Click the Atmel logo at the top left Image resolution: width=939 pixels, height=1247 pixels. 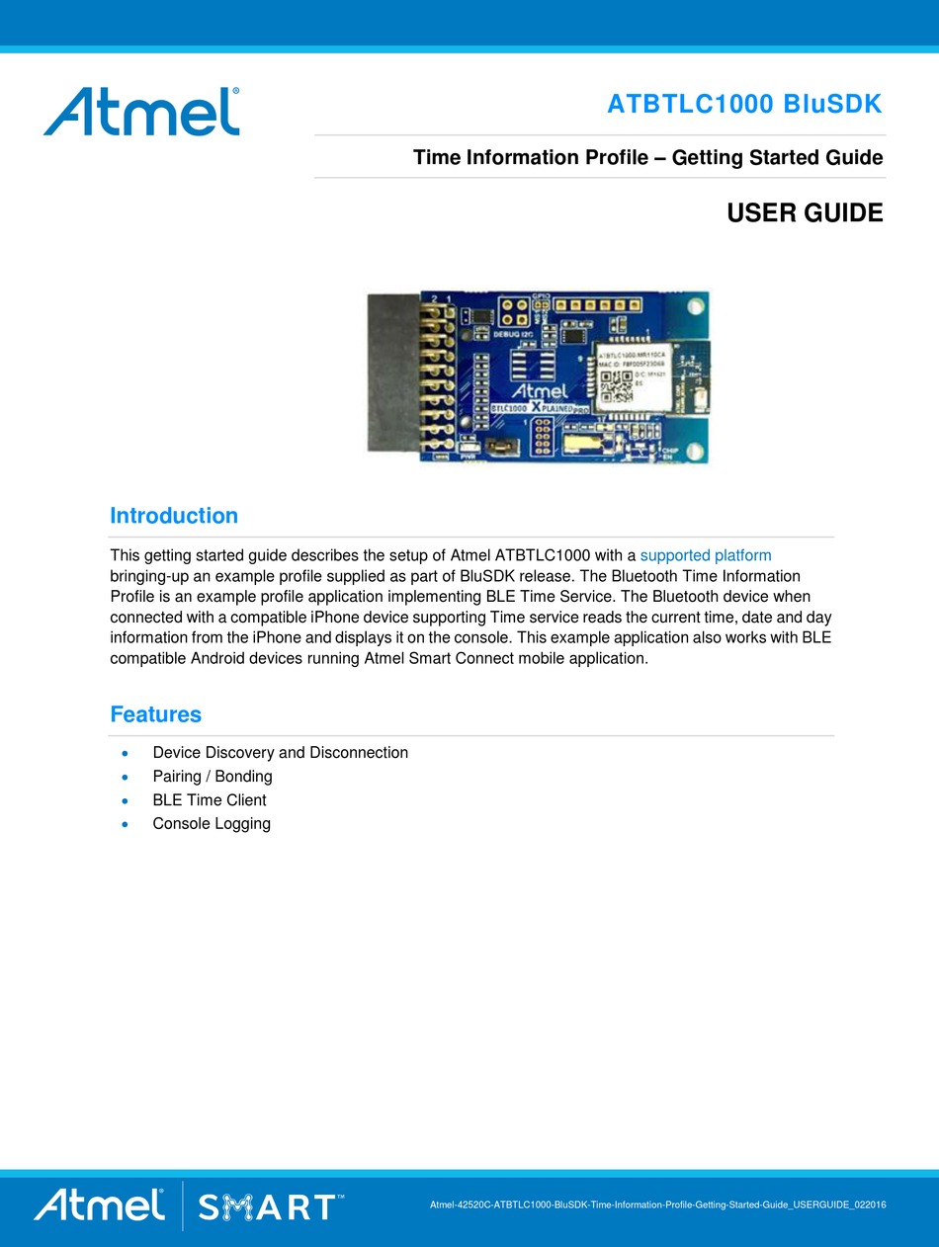coord(141,111)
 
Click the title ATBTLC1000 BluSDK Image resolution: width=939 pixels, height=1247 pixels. coord(744,104)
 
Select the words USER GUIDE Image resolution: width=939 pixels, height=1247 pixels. coord(805,212)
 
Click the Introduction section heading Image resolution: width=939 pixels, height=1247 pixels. coord(174,516)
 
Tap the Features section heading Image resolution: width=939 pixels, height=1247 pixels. coord(156,714)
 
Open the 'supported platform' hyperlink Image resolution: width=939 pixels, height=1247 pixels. coord(706,555)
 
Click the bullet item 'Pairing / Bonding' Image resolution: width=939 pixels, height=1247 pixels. coord(213,777)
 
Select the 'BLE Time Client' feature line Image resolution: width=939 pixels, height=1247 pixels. coord(210,800)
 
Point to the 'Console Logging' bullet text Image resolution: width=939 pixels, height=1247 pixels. coord(212,824)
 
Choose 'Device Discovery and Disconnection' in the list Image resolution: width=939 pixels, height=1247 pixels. coord(280,753)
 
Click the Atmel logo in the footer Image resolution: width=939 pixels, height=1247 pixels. coord(99,1205)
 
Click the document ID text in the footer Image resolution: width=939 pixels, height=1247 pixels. coord(657,1206)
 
